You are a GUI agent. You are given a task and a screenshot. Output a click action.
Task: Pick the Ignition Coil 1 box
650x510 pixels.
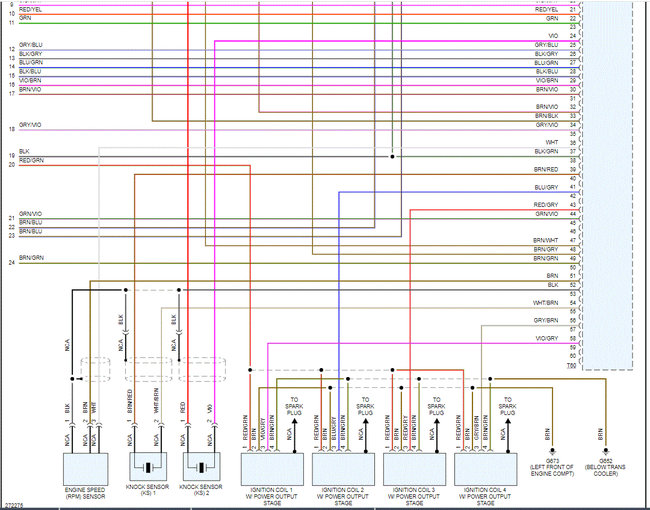click(x=273, y=470)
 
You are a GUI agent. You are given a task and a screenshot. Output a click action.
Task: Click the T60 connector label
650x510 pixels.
click(x=573, y=367)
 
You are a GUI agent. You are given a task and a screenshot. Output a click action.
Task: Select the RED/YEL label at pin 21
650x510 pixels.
click(x=546, y=10)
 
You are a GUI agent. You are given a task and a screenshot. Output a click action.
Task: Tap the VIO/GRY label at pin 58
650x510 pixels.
click(x=546, y=338)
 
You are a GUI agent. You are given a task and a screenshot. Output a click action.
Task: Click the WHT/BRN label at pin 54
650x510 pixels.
click(x=546, y=302)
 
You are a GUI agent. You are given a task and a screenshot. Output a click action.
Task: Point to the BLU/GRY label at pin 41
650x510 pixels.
click(x=546, y=187)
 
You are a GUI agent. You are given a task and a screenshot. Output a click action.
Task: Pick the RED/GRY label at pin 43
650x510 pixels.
click(x=546, y=205)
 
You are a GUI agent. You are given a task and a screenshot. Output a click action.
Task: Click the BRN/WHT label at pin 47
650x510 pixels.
click(x=546, y=241)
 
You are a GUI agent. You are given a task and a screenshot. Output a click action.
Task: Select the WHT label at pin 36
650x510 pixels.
click(x=552, y=143)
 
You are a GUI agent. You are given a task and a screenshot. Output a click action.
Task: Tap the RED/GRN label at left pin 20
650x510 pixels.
click(x=31, y=160)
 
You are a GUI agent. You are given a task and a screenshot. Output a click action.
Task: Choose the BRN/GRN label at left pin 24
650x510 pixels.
click(x=31, y=258)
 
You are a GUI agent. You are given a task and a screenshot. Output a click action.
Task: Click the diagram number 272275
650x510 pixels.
click(x=15, y=505)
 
